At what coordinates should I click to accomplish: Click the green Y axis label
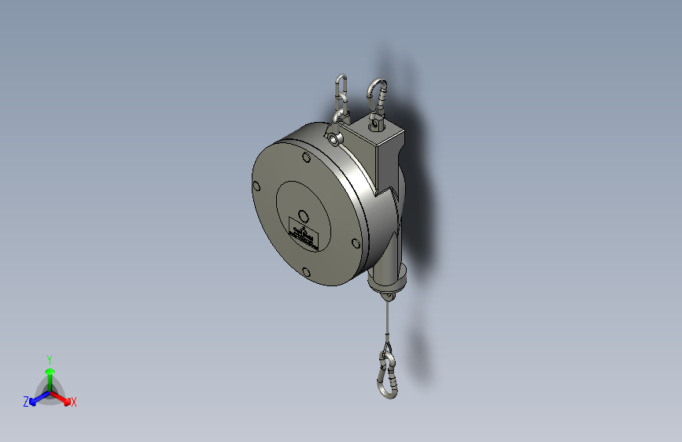click(x=49, y=358)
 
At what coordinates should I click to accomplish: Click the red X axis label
click(x=74, y=402)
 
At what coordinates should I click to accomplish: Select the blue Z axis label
click(x=26, y=401)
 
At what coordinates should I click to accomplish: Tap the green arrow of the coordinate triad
click(x=50, y=374)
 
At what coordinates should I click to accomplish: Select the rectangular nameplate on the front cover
click(x=304, y=232)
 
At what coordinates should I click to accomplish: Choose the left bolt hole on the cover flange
click(x=256, y=186)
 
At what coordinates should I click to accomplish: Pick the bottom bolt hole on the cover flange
click(x=306, y=272)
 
